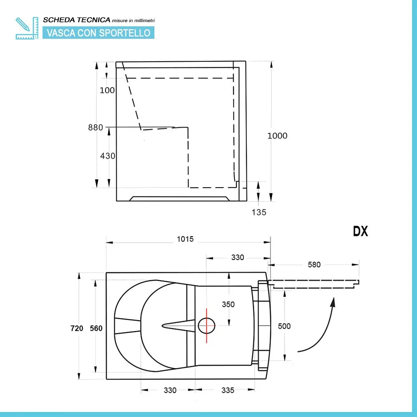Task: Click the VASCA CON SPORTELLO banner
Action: click(98, 33)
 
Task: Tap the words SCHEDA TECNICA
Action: click(77, 20)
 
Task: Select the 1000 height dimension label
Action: click(277, 136)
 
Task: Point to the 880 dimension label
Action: click(95, 128)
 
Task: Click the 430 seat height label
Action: click(108, 156)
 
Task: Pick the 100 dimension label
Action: click(108, 90)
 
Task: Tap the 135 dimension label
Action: click(259, 212)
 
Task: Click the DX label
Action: click(361, 232)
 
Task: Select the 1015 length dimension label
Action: click(185, 239)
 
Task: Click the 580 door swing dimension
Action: click(314, 264)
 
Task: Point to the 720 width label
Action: click(77, 328)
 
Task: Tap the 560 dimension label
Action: click(96, 328)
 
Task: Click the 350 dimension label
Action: click(228, 304)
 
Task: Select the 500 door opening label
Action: click(284, 326)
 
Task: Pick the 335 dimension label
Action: click(228, 390)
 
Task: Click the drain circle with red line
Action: click(206, 326)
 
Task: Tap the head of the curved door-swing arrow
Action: click(333, 300)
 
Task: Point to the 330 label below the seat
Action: click(170, 390)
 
